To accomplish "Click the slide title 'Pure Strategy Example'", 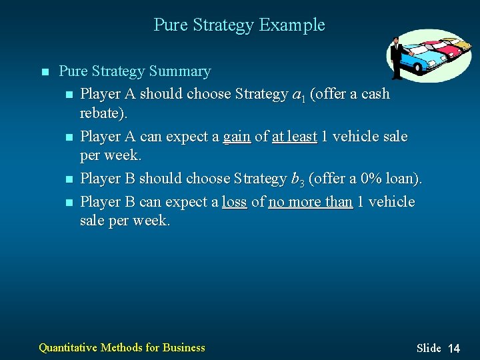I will [x=239, y=25].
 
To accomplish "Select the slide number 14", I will [x=453, y=348].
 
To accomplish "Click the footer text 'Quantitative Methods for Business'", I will [x=122, y=347].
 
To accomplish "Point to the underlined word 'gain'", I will [x=237, y=137].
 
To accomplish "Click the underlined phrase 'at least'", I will [x=294, y=137].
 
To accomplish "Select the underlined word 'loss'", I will [x=234, y=202].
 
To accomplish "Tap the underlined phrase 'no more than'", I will [x=310, y=202].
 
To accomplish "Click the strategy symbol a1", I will [x=300, y=95].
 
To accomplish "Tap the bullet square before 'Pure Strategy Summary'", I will [x=44, y=72].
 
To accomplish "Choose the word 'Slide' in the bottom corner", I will [x=429, y=348].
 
